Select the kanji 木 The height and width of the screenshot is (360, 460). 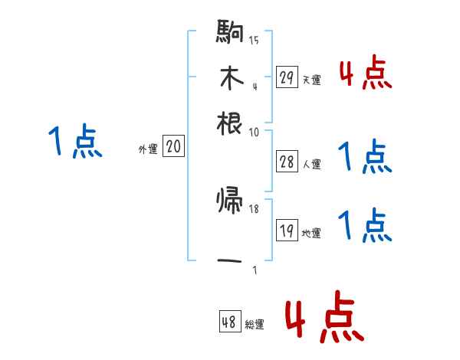[230, 78]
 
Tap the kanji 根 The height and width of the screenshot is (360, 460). [231, 122]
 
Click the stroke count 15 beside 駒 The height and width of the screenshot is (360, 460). [254, 40]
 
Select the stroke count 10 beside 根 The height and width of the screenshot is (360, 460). [254, 133]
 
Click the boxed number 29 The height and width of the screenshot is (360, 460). [287, 77]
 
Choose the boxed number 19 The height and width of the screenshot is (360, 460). [287, 230]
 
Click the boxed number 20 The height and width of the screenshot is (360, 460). [173, 146]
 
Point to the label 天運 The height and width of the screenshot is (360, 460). [311, 80]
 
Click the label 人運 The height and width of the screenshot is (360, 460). [311, 163]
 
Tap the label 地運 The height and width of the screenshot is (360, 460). [311, 233]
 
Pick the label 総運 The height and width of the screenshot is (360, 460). [255, 325]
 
